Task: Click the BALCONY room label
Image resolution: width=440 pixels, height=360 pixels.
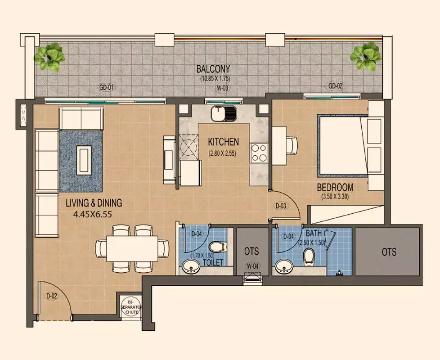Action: tap(213, 69)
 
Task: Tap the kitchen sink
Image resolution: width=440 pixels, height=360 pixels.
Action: tap(224, 113)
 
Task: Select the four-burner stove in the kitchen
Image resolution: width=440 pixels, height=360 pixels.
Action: tap(259, 153)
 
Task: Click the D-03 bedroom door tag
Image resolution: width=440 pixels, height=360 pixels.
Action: tap(281, 206)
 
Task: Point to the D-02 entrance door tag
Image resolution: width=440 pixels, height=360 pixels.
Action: tap(52, 296)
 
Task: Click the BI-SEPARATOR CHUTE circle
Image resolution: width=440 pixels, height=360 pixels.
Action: tap(131, 307)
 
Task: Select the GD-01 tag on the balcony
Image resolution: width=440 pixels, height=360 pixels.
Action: tap(107, 88)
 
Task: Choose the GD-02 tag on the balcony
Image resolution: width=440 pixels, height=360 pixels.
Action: tap(335, 86)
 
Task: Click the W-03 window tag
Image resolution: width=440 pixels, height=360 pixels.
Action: tap(222, 88)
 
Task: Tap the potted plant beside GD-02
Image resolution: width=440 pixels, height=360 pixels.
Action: tap(365, 56)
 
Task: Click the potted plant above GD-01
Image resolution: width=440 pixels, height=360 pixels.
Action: tap(50, 56)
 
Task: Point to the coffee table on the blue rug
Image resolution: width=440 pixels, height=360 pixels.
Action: tap(84, 160)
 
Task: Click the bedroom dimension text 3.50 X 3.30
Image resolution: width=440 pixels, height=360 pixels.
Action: tap(335, 197)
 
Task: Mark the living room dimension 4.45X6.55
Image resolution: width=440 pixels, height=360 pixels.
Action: tap(93, 214)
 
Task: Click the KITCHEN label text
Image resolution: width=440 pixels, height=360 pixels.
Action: tap(223, 142)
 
